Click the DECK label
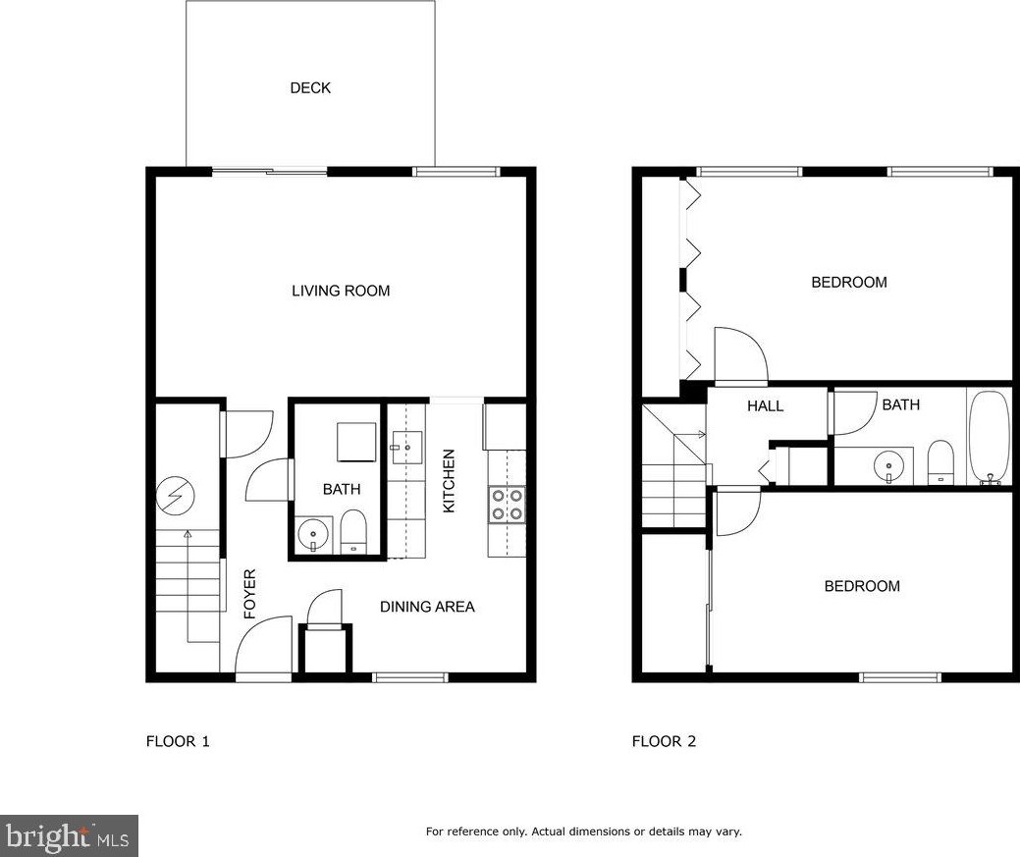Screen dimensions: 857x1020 (310, 88)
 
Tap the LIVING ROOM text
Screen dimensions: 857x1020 (341, 291)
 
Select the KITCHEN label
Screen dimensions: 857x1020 (449, 481)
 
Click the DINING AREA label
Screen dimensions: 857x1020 (427, 607)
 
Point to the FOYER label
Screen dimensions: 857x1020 (249, 593)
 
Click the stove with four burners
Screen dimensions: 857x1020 (507, 505)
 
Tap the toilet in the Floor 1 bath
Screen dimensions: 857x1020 (352, 533)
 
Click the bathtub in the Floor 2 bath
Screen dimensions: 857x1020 (989, 437)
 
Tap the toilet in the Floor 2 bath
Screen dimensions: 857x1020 (941, 462)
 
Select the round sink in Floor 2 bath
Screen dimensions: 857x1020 (888, 464)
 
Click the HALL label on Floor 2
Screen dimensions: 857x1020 (765, 405)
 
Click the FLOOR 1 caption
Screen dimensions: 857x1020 (178, 741)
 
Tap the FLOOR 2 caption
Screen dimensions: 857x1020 (664, 741)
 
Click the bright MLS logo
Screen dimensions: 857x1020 (69, 836)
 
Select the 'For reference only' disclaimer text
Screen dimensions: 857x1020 (583, 831)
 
